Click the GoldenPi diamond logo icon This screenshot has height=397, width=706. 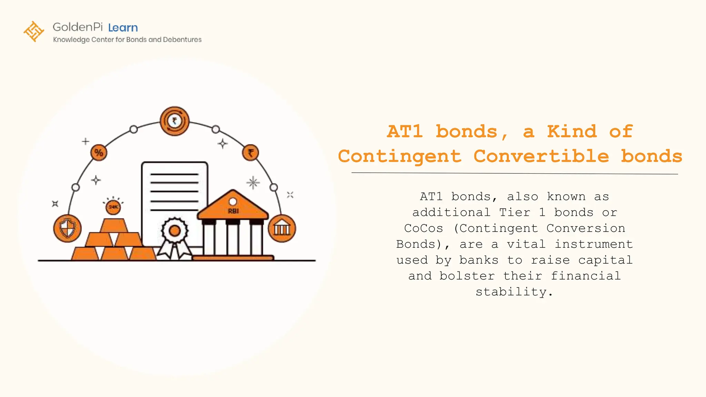34,31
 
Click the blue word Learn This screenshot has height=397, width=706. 123,28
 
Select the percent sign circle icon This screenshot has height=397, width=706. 99,152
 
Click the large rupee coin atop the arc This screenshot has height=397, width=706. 174,121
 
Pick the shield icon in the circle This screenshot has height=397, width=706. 67,228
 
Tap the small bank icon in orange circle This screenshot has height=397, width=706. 282,228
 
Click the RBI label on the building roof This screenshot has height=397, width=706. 233,211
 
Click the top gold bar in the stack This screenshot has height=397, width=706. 114,226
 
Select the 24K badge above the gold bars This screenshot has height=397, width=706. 113,207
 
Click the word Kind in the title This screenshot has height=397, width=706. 572,131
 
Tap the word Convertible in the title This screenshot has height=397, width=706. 541,156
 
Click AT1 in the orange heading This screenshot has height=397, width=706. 405,131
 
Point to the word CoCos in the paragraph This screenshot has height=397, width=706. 423,228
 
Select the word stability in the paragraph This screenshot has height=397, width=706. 511,292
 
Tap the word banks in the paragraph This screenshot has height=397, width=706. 479,260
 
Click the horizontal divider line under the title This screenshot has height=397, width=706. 514,173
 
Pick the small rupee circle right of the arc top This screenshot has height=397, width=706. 251,152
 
